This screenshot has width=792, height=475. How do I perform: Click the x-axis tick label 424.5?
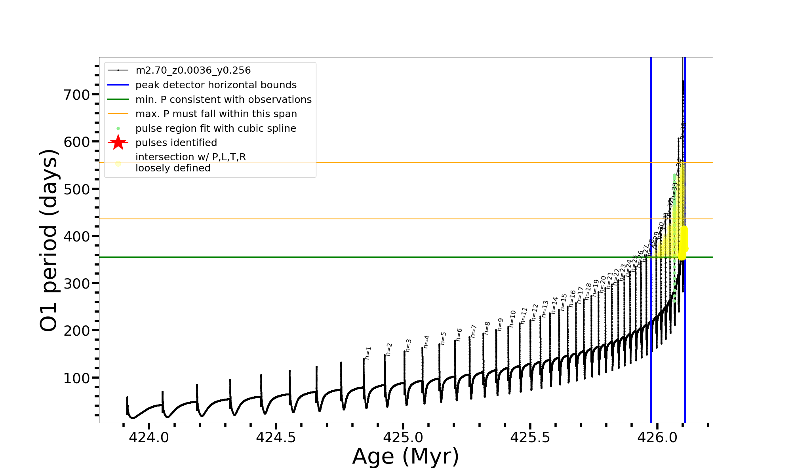[x=276, y=437]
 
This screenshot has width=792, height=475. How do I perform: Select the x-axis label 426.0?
[x=657, y=437]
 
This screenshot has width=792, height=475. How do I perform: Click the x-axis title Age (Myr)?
[x=406, y=456]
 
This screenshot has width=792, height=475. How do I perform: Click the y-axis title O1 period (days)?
[x=49, y=240]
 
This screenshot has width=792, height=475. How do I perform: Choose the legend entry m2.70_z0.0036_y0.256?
[x=193, y=70]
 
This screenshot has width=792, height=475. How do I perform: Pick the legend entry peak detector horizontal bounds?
[x=216, y=85]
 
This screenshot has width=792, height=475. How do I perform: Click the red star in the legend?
[x=118, y=142]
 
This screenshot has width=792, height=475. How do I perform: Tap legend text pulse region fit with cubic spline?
[x=215, y=129]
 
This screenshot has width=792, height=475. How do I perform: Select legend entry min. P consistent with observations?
[x=223, y=100]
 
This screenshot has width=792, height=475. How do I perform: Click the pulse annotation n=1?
[x=368, y=353]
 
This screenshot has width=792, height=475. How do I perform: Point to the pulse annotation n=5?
[x=444, y=338]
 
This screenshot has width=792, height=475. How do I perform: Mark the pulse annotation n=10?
[x=512, y=318]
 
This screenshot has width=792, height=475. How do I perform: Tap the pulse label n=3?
[x=408, y=345]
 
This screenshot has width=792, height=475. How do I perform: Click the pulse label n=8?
[x=487, y=328]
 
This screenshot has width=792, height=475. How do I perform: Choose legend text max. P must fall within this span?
[x=216, y=114]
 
